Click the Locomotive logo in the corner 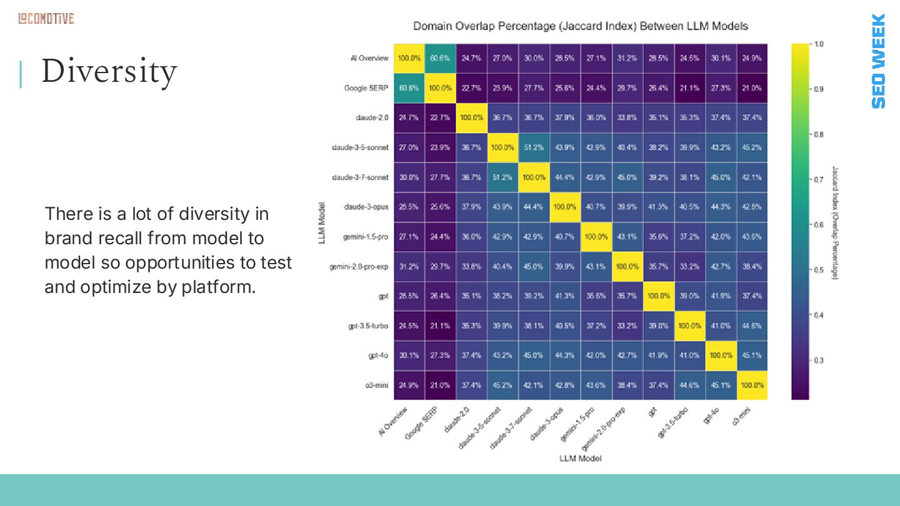46,19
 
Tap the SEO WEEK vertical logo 878,61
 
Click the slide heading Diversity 109,71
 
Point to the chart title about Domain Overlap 581,26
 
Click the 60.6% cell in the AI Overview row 440,58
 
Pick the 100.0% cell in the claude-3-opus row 565,207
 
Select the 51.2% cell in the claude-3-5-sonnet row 534,147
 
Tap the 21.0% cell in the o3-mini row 440,385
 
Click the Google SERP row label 366,88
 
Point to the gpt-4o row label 378,355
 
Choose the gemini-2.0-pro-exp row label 359,267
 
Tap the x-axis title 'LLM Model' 581,459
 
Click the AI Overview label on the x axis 393,421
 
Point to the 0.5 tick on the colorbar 817,270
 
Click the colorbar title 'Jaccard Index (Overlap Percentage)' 835,222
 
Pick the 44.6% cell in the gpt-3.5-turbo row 752,326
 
